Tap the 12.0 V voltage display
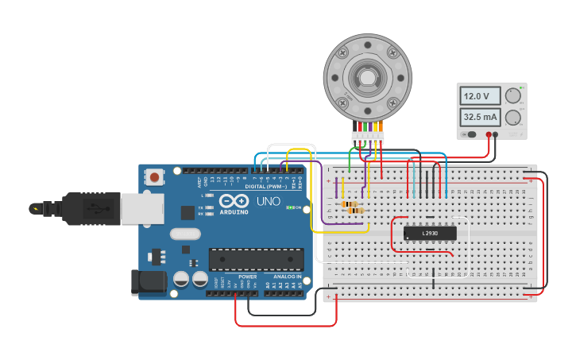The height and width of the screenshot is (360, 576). point(480,96)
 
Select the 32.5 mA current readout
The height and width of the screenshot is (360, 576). point(480,118)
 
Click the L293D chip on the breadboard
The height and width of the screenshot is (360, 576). point(430,233)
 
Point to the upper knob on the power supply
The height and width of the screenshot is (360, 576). point(513,96)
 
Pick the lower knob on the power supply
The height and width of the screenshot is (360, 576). point(513,118)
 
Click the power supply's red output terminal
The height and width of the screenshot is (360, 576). point(496,134)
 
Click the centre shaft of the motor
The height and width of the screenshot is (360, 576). point(367,77)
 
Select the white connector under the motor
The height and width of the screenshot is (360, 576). point(367,137)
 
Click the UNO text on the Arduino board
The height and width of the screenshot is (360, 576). point(268,201)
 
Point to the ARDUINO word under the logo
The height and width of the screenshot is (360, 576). point(234,212)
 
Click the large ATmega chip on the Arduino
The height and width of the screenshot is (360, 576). point(256,258)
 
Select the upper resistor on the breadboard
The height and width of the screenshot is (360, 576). point(349,204)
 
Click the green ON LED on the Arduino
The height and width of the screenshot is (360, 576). point(292,208)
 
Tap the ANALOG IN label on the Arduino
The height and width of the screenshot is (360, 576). point(288,277)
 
